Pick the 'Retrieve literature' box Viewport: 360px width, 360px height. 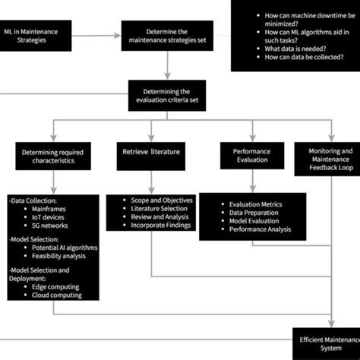[x=150, y=152]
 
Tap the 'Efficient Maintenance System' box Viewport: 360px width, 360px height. [x=327, y=343]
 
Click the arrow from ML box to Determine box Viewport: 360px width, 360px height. [x=97, y=36]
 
